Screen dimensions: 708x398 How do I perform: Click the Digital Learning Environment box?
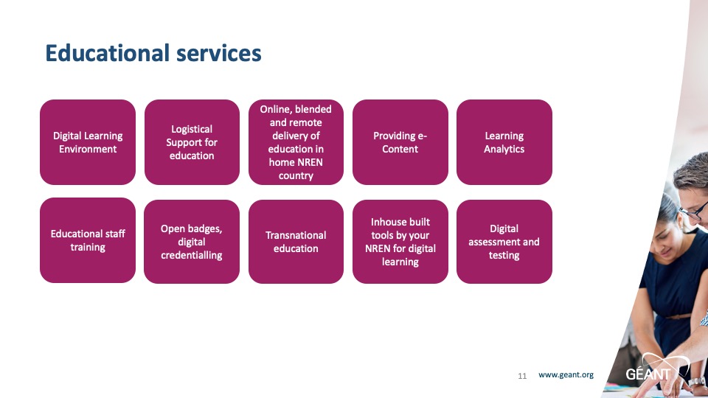[x=88, y=142]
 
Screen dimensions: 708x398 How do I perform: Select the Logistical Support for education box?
[x=192, y=142]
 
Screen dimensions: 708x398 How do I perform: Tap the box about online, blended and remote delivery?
[x=296, y=142]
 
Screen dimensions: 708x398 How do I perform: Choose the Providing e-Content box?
[x=400, y=142]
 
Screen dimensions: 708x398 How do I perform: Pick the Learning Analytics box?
[x=504, y=142]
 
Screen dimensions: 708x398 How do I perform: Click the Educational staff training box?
[x=88, y=240]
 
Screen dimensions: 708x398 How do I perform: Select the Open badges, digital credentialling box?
[x=192, y=242]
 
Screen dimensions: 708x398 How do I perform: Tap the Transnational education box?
[x=296, y=242]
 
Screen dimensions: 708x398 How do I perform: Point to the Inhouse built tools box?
[x=400, y=242]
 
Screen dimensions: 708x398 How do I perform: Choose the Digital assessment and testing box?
[x=504, y=242]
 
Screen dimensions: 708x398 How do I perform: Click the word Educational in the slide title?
[x=107, y=53]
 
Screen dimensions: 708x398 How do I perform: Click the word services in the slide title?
[x=218, y=53]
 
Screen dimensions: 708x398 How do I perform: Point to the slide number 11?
[x=522, y=376]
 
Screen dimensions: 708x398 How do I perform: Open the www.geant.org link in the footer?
[x=566, y=374]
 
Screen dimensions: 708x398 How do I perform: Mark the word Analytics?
[x=504, y=150]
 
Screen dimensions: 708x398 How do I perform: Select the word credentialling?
[x=192, y=256]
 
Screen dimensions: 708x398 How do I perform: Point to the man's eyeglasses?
[x=696, y=211]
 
